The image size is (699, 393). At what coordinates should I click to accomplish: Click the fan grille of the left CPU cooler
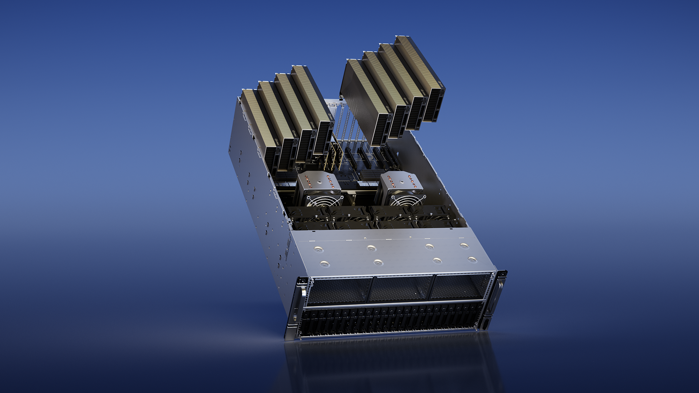coord(325,201)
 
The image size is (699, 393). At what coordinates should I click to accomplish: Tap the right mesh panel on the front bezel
coord(459,286)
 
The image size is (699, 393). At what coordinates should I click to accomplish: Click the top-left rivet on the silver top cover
coord(319,249)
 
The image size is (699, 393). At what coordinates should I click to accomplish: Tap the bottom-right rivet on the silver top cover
coord(472,259)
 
